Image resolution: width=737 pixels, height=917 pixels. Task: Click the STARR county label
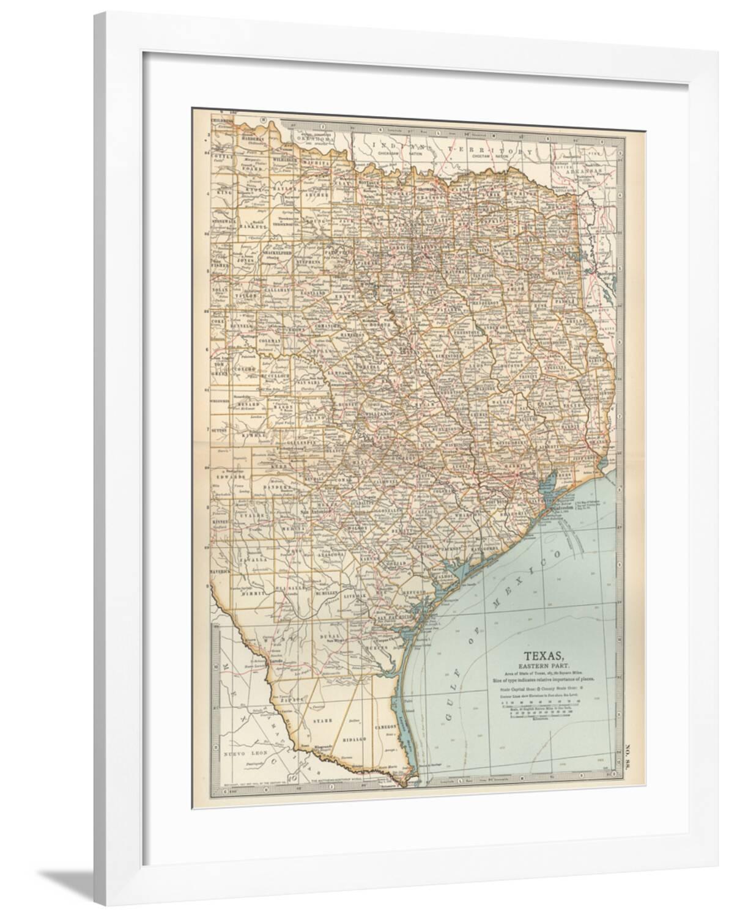[x=322, y=721]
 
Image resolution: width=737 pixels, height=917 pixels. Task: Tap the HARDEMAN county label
[x=253, y=139]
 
